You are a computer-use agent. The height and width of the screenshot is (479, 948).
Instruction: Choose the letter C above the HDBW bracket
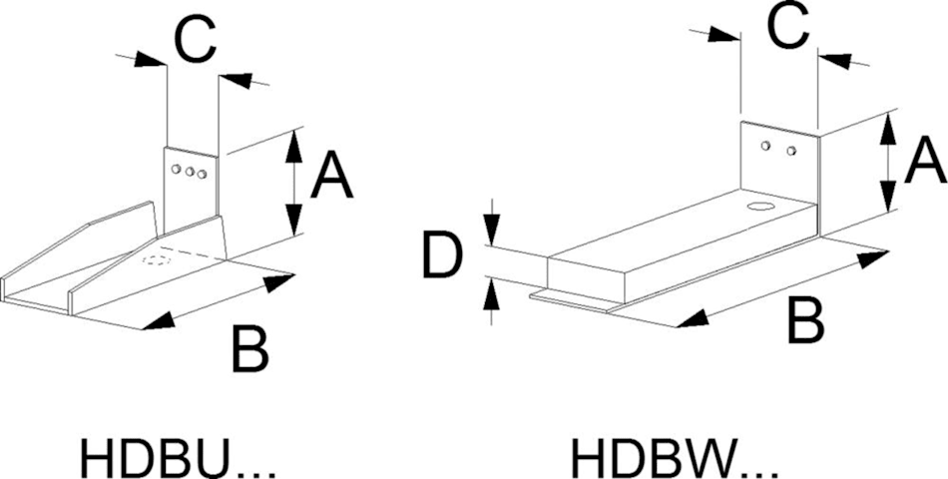(787, 29)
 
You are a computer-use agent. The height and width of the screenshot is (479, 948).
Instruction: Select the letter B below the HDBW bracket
(804, 320)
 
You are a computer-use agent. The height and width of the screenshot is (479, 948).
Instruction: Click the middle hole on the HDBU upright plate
(189, 172)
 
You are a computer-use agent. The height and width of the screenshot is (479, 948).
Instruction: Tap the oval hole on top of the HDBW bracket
(760, 209)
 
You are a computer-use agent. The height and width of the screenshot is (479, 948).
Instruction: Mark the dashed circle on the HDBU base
(157, 261)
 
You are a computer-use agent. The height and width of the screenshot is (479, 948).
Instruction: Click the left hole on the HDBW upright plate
(765, 147)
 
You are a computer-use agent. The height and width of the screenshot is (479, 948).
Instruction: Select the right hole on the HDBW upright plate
(790, 152)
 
